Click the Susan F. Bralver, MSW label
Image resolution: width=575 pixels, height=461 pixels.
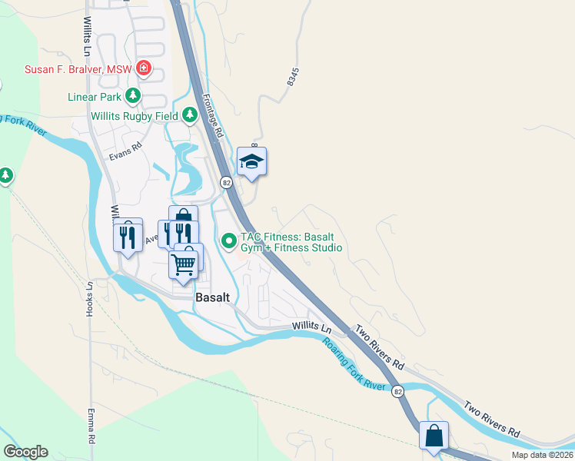tap(78, 69)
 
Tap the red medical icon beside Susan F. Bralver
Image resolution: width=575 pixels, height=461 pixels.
tap(143, 69)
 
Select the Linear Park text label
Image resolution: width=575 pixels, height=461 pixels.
tap(93, 97)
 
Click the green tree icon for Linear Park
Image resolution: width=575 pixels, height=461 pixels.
tap(134, 96)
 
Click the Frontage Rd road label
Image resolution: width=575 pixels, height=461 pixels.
tap(212, 116)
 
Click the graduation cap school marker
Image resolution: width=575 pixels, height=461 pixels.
tap(251, 162)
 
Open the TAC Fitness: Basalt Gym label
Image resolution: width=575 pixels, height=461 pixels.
tap(291, 242)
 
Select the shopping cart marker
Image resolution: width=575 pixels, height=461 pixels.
tap(184, 264)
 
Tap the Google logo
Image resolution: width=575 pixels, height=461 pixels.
tap(25, 452)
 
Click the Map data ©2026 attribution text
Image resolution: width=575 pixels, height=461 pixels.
tap(542, 455)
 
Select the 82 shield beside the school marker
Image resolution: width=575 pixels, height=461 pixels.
tap(226, 182)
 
